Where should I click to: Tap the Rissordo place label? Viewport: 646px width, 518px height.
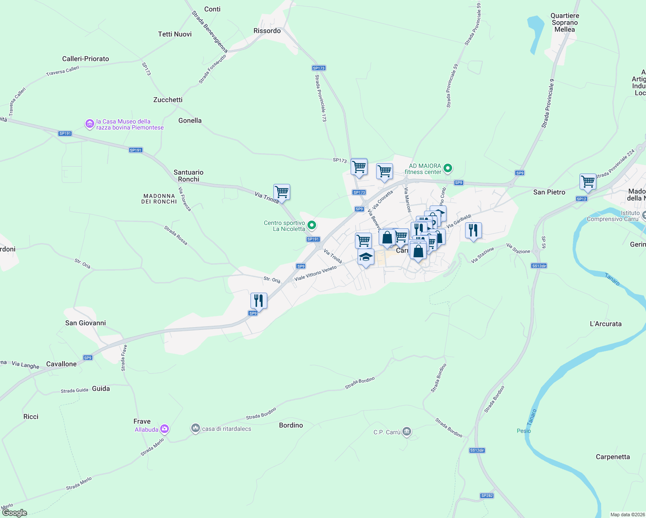point(267,31)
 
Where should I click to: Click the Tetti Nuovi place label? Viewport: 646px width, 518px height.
point(175,34)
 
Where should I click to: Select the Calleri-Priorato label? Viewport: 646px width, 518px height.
point(85,59)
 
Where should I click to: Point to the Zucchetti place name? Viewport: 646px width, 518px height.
point(168,100)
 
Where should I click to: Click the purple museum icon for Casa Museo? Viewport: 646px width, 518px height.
point(89,124)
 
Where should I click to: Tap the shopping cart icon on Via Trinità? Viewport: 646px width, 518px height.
point(282,192)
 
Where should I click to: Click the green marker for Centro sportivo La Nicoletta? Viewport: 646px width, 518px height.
point(311,225)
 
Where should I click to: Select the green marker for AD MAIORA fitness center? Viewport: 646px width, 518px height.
point(448,168)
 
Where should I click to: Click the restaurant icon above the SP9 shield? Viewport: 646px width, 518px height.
point(259,300)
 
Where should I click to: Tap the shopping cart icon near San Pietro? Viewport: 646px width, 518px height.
point(588,182)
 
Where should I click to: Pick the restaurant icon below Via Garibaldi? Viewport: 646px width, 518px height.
point(474,231)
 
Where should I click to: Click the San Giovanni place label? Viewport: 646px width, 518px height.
point(85,323)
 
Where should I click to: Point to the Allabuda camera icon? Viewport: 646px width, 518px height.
point(164,429)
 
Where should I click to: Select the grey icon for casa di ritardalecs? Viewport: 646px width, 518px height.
point(196,428)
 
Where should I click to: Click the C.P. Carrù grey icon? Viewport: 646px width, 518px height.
point(406,432)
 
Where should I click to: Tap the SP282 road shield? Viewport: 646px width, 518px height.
point(487,496)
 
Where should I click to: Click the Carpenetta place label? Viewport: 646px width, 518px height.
point(612,457)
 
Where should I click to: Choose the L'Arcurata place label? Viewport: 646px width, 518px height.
point(605,324)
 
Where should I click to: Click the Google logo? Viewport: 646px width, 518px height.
point(15,513)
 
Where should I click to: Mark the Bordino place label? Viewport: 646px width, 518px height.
point(291,425)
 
